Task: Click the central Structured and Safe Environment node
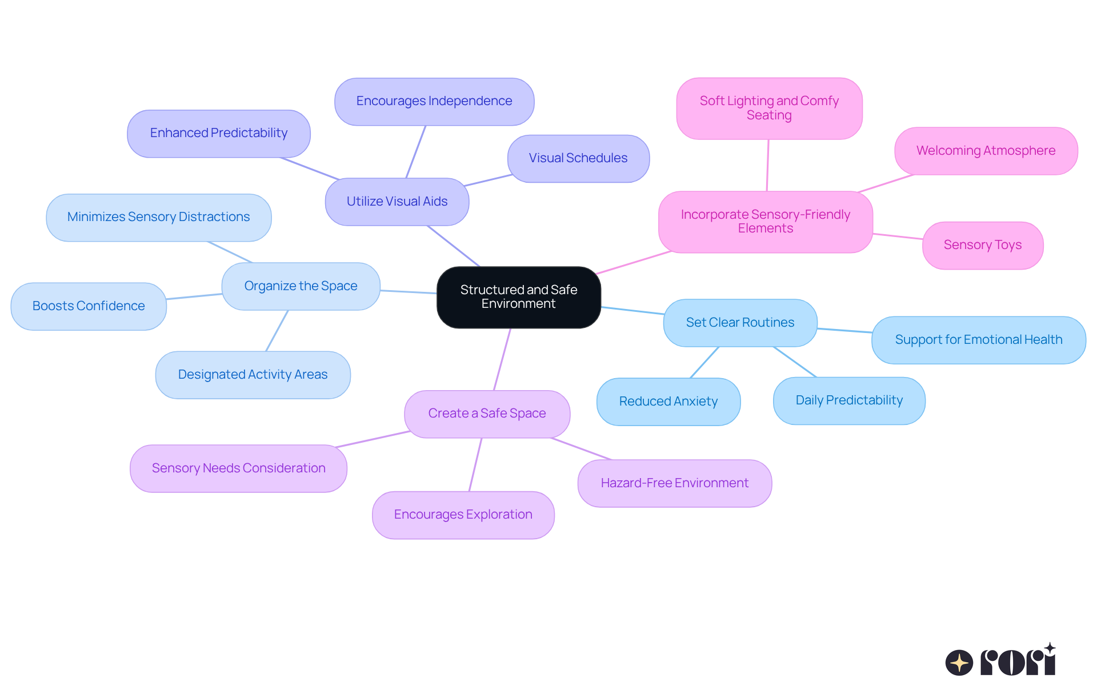tap(518, 297)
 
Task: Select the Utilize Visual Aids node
tap(397, 202)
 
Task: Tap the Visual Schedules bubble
tap(578, 158)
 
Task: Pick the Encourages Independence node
tap(434, 101)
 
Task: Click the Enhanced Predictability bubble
tap(218, 133)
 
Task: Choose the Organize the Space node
tap(301, 286)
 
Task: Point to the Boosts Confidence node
tap(89, 306)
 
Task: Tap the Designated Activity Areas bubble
tap(253, 375)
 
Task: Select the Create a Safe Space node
tap(487, 414)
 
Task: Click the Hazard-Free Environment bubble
tap(674, 483)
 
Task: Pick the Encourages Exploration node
tap(463, 515)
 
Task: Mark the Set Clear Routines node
tap(740, 323)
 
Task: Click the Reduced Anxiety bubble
tap(668, 402)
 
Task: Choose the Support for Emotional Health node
tap(978, 340)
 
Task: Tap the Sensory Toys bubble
tap(982, 245)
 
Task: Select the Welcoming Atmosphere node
tap(986, 151)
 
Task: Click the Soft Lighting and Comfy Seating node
tap(769, 108)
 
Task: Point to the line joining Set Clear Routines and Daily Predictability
tap(795, 362)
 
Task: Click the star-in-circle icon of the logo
tap(959, 663)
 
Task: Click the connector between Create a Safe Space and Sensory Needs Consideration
tap(373, 439)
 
